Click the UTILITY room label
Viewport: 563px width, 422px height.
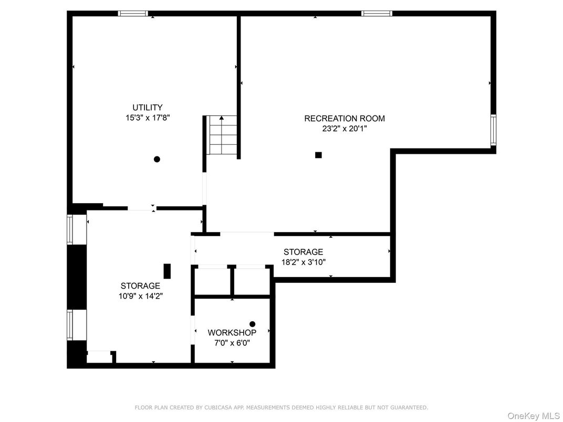click(x=147, y=108)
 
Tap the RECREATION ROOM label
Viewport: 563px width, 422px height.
click(x=345, y=119)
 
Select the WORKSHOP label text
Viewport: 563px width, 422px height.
click(x=232, y=333)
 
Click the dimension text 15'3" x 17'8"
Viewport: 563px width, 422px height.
click(x=147, y=118)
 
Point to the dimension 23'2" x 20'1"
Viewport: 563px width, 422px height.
click(x=345, y=129)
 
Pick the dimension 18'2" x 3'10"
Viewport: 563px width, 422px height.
click(x=303, y=262)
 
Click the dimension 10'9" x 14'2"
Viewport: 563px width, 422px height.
click(x=140, y=296)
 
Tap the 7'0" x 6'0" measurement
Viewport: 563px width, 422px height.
click(x=232, y=343)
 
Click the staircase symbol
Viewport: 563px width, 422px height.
click(x=222, y=135)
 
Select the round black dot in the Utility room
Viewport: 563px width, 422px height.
click(x=157, y=159)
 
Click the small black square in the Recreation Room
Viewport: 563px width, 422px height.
click(x=318, y=155)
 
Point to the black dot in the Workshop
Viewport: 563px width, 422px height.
click(x=252, y=324)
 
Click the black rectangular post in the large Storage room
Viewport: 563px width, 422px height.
click(x=167, y=271)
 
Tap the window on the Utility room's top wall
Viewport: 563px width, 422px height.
click(x=133, y=14)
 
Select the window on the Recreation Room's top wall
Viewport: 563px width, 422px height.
click(x=377, y=14)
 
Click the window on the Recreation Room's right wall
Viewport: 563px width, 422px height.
click(x=493, y=130)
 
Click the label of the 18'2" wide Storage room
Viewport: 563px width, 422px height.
click(x=303, y=252)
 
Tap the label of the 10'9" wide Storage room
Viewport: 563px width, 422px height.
click(x=140, y=286)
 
